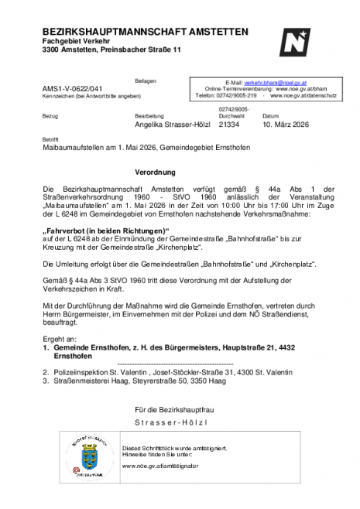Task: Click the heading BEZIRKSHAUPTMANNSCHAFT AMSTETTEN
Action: [x=146, y=32]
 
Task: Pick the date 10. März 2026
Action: [x=288, y=124]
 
